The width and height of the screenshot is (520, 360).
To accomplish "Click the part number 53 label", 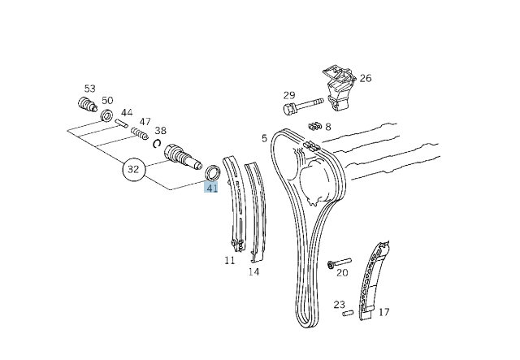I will click(x=89, y=89).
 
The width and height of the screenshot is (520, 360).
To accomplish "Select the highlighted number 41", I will click(x=212, y=188).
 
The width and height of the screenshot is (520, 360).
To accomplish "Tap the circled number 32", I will click(x=134, y=171).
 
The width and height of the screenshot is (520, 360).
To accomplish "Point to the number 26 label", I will click(x=366, y=79).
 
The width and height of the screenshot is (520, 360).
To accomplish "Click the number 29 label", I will click(x=289, y=95).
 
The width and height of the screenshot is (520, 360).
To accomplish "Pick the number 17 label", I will click(x=383, y=311).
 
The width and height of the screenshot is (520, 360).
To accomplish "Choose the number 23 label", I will click(x=340, y=305).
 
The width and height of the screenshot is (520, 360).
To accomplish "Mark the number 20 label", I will click(x=342, y=272).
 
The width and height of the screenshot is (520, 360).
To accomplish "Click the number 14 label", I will click(x=253, y=271).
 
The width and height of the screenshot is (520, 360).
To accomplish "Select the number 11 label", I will click(x=230, y=260).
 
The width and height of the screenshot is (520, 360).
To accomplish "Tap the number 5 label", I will click(x=264, y=138).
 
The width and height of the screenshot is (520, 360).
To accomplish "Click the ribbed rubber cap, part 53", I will click(x=86, y=106).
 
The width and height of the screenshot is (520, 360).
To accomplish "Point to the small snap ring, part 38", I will click(x=157, y=144).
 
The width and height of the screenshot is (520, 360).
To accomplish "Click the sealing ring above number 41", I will click(x=213, y=172).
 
